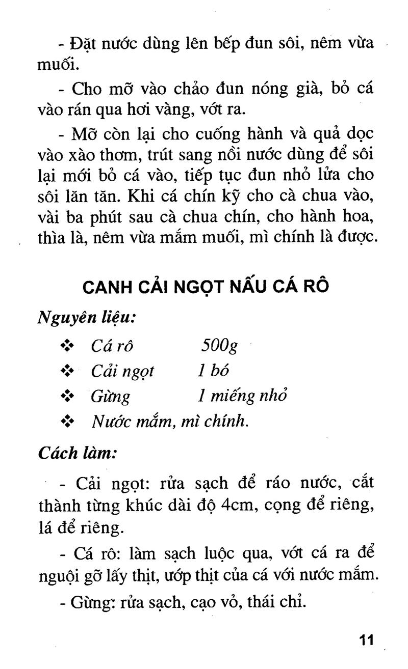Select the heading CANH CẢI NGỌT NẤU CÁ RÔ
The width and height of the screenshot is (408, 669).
click(206, 287)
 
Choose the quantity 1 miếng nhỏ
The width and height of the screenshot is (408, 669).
click(242, 396)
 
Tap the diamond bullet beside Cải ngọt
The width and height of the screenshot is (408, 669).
click(67, 371)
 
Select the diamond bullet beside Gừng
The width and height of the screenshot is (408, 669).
click(67, 396)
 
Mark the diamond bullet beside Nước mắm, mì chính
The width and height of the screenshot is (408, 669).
click(67, 422)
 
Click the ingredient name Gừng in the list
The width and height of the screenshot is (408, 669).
click(110, 397)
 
